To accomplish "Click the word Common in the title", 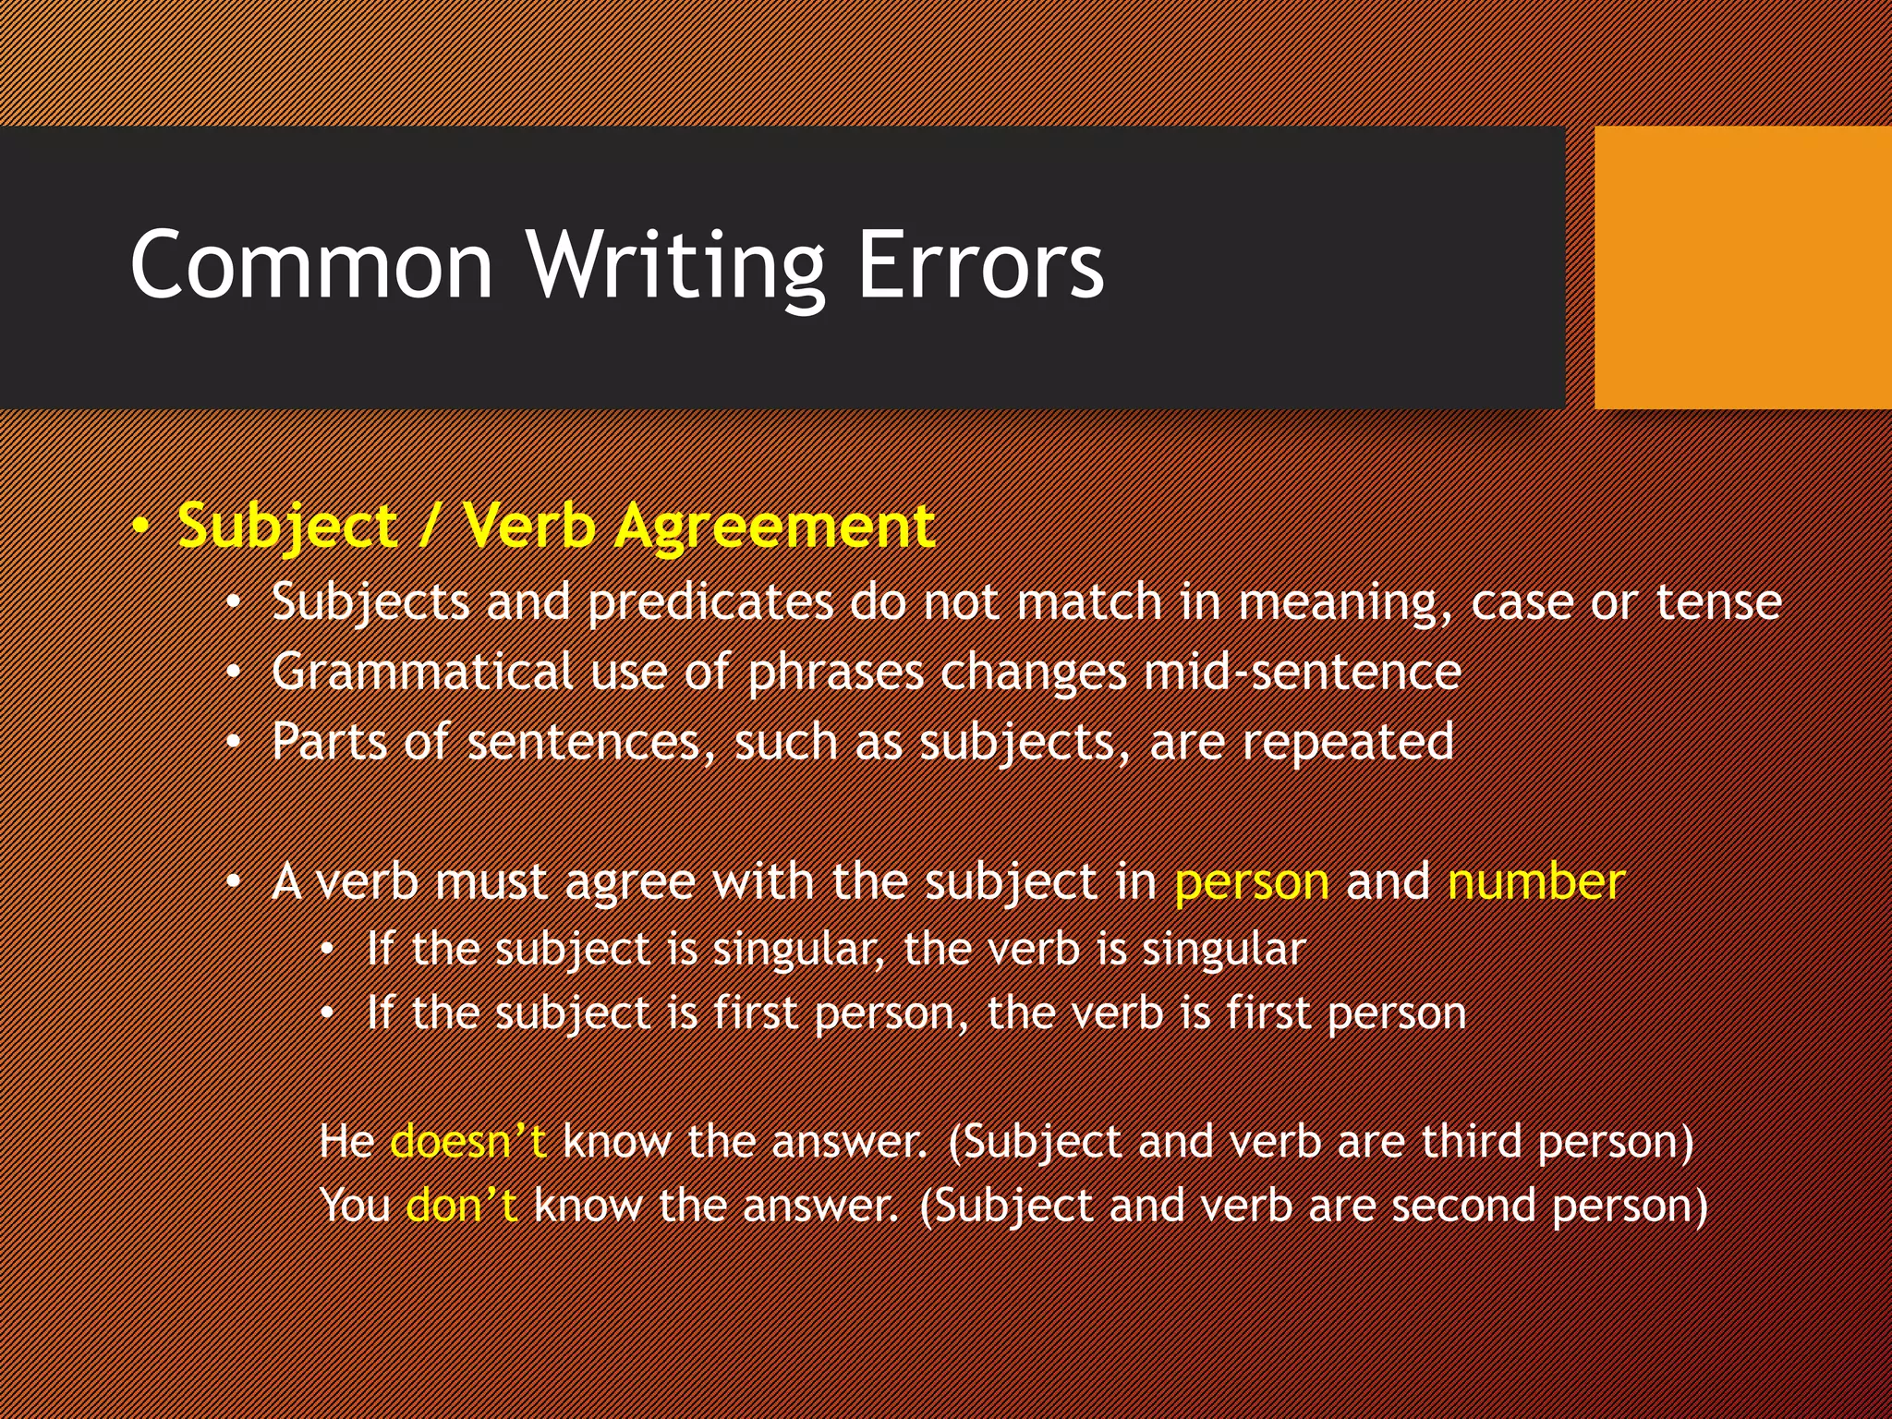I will [x=311, y=265].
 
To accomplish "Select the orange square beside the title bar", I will [x=1742, y=268].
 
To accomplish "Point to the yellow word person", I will [x=1251, y=882].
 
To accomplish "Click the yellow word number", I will [x=1535, y=881].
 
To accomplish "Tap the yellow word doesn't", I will [x=468, y=1142].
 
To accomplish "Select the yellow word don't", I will [x=461, y=1207].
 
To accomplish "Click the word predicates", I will [x=709, y=603].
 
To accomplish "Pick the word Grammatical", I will [x=421, y=673].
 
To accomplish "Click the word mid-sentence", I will [x=1302, y=672].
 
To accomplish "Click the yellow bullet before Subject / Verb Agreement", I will [x=140, y=528].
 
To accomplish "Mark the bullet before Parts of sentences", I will [x=235, y=743].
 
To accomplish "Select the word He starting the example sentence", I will [x=346, y=1142].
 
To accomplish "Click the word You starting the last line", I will [x=355, y=1207].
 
